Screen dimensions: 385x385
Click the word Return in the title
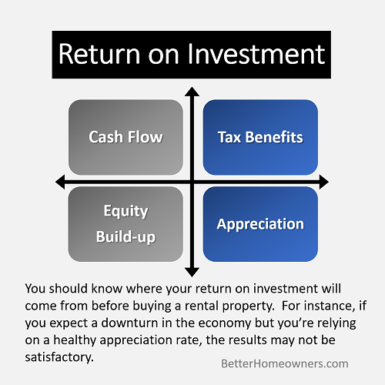[x=99, y=54]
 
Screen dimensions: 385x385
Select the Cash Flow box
[x=126, y=137]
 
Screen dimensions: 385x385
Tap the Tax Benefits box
[x=260, y=137]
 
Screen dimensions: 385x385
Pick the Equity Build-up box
[x=126, y=224]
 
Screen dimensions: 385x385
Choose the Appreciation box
[x=260, y=224]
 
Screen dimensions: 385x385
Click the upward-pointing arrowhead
[x=192, y=92]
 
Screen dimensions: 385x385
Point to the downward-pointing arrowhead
[x=192, y=272]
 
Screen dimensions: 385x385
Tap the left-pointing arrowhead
[x=60, y=182]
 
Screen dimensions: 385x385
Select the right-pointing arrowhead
[x=324, y=182]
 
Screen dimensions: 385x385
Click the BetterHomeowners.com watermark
[x=285, y=363]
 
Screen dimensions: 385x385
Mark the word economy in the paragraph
[x=225, y=323]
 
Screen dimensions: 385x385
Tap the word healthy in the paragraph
[x=75, y=340]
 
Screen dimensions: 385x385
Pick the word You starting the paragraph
[x=35, y=289]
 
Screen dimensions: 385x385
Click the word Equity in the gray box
[x=126, y=212]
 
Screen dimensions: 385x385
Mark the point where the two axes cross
[x=192, y=182]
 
